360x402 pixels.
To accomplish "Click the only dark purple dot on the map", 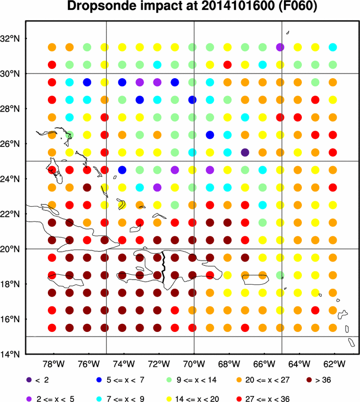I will [x=245, y=152].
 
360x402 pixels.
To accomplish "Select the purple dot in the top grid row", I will [x=280, y=47].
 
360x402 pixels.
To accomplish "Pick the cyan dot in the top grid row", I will [x=333, y=47].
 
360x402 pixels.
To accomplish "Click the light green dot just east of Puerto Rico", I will [x=280, y=275].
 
